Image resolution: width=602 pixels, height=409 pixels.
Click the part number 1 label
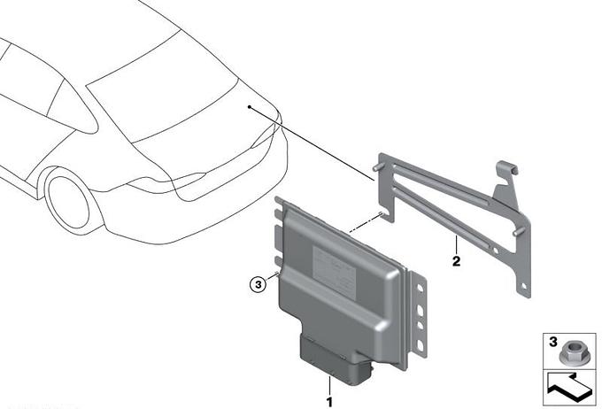coord(329,402)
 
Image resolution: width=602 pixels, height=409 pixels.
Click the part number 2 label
coord(456,261)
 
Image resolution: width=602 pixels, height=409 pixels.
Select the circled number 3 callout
coord(258,284)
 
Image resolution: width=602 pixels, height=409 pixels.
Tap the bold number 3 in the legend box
coord(552,342)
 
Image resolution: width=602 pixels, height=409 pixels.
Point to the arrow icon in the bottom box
coord(570,388)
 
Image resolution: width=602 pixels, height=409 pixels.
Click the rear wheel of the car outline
coord(68,203)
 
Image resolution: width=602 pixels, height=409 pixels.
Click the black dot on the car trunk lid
coord(249,107)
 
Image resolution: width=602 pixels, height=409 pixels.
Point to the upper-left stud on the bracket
coord(379,167)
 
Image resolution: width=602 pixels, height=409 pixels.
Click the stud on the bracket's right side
coord(519,232)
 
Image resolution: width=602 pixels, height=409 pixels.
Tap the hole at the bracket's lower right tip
coord(524,286)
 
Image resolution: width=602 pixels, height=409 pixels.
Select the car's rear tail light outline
coord(168,181)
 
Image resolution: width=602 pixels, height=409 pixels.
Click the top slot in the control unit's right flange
coord(420,288)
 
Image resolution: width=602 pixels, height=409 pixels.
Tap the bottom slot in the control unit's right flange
coord(420,346)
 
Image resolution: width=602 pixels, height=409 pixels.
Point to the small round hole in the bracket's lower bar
coord(496,251)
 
